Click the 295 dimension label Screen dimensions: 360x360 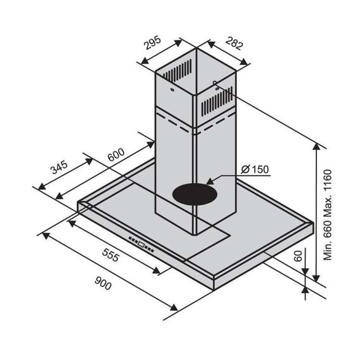point(153,43)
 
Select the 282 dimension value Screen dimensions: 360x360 point(234,43)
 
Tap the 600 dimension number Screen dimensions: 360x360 point(116,155)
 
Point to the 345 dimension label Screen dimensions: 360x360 point(59,167)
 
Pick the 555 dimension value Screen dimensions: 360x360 point(111,255)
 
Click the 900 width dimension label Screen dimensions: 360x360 point(103,283)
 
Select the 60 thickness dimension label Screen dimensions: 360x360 point(298,256)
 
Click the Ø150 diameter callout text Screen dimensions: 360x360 point(255,169)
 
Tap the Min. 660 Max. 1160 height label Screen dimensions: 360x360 point(328,215)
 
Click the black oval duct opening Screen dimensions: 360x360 point(195,195)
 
